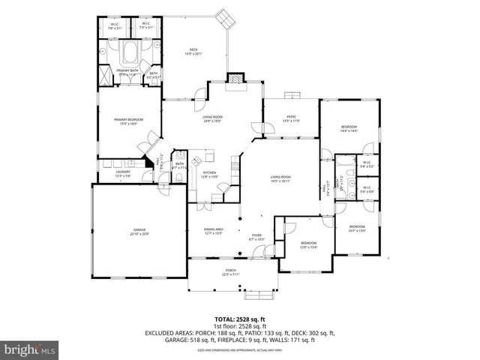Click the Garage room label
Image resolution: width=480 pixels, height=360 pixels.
pyautogui.click(x=139, y=233)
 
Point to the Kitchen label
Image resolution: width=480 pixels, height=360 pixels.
pyautogui.click(x=210, y=175)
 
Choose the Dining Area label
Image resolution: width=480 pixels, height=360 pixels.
pyautogui.click(x=214, y=231)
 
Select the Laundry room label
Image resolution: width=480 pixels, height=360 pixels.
pyautogui.click(x=123, y=174)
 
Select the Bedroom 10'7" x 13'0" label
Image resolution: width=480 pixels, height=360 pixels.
pyautogui.click(x=356, y=229)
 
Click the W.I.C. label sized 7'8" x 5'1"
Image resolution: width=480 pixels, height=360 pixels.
pyautogui.click(x=114, y=27)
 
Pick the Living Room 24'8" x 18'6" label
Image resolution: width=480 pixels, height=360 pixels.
pyautogui.click(x=214, y=118)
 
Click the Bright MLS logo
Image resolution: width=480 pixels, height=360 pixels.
pyautogui.click(x=30, y=349)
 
